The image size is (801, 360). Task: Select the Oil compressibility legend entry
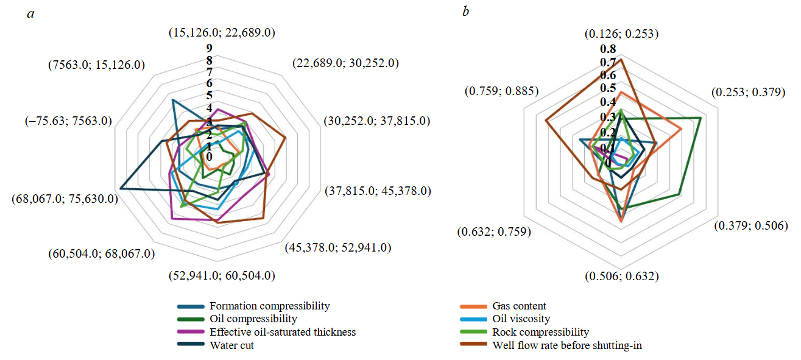tap(253, 319)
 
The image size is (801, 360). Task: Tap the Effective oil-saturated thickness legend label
tap(282, 332)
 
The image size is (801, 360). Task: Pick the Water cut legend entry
tap(231, 345)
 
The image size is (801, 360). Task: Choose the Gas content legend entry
tap(519, 306)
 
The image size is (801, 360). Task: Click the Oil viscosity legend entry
tap(521, 319)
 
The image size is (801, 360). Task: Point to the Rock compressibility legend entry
tap(540, 332)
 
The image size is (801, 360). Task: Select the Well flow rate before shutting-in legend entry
tap(566, 345)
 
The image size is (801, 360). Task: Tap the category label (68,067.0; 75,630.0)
tap(65, 199)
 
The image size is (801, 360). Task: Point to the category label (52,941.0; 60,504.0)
tap(222, 276)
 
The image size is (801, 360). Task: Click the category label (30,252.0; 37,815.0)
tap(377, 121)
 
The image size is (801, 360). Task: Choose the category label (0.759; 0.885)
tap(501, 91)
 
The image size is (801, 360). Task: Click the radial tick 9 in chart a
tap(208, 48)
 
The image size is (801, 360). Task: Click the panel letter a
tap(30, 13)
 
